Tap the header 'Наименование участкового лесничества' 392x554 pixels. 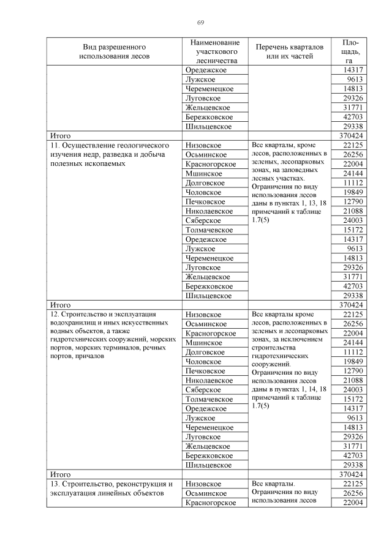click(x=214, y=51)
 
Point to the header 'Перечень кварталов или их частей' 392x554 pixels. click(x=289, y=51)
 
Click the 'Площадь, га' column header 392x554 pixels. click(x=350, y=51)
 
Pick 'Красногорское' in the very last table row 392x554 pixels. click(x=211, y=503)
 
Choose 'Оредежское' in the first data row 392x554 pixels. click(x=206, y=70)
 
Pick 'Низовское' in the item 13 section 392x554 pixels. click(x=203, y=484)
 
